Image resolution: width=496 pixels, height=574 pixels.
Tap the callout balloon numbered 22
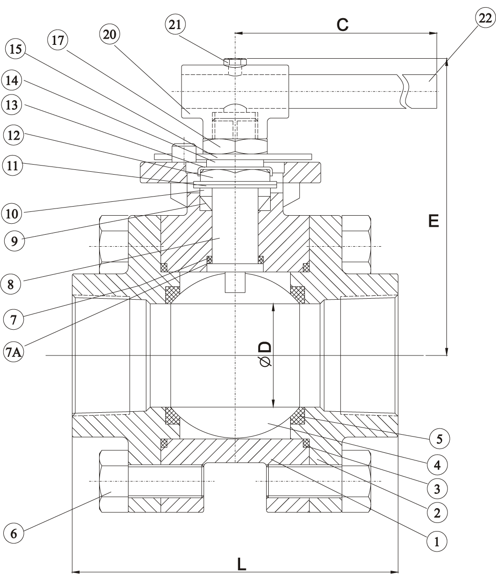tap(485, 19)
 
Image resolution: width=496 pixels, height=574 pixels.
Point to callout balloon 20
tap(111, 34)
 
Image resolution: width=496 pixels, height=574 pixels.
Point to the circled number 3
tap(438, 488)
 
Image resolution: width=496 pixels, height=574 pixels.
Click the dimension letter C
tap(343, 25)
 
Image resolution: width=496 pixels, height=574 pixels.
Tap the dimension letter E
tap(433, 220)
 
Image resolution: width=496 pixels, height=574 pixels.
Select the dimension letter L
tap(242, 565)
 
